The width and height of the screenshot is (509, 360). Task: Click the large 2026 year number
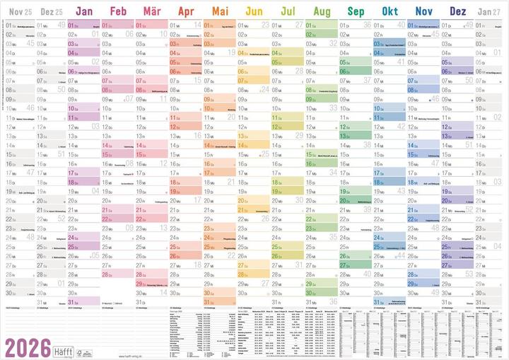28,347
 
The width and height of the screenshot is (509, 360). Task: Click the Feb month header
119,12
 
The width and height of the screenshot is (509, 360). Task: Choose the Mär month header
151,12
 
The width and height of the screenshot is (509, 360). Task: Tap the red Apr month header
186,12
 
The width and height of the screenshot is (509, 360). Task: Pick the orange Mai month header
220,12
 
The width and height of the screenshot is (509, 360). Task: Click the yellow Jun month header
255,12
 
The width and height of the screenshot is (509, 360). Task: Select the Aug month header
322,12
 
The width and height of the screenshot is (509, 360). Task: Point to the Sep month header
356,12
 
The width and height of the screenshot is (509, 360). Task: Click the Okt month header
390,12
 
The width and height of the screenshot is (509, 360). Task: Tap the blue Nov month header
424,12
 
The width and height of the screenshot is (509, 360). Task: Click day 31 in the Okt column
378,301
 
